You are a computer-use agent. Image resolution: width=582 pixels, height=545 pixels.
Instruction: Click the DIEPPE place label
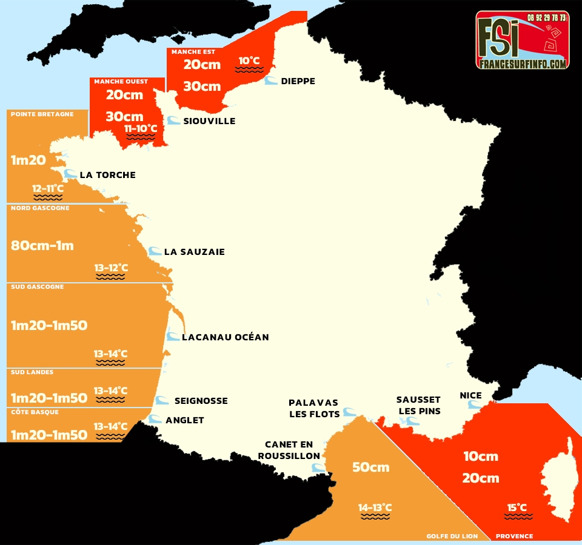tap(298, 81)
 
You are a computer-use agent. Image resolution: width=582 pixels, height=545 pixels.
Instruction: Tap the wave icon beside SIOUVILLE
tap(174, 121)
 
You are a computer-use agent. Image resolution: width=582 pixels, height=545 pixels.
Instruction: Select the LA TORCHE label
tap(107, 175)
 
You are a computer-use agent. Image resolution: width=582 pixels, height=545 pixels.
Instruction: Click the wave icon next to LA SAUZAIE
tap(155, 251)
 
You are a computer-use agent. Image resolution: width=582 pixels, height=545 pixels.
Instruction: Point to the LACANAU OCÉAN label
tap(225, 337)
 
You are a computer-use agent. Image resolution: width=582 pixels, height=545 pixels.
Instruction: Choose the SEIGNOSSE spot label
tap(201, 400)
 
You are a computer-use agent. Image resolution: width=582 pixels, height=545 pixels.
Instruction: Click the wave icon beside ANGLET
tap(156, 419)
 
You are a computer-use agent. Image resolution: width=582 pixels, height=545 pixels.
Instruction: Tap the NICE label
tap(470, 395)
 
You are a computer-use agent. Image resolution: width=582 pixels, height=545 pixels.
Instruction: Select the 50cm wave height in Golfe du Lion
tap(371, 467)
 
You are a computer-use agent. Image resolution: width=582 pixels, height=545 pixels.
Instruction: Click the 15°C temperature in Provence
tap(517, 507)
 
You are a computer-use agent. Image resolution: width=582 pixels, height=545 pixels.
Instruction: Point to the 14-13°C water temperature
tap(375, 507)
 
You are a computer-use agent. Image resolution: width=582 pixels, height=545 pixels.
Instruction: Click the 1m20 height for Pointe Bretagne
tap(28, 160)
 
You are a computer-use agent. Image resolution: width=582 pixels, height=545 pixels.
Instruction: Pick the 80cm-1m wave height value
tap(42, 245)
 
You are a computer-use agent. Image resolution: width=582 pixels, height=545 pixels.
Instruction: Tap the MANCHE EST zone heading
tap(193, 52)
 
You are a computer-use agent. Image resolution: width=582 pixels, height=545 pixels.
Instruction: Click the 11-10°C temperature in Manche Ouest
tap(141, 128)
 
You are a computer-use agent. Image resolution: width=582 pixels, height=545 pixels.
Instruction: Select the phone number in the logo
tap(546, 18)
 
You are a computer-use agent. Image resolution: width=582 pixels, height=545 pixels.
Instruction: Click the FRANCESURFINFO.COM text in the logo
tap(522, 63)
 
